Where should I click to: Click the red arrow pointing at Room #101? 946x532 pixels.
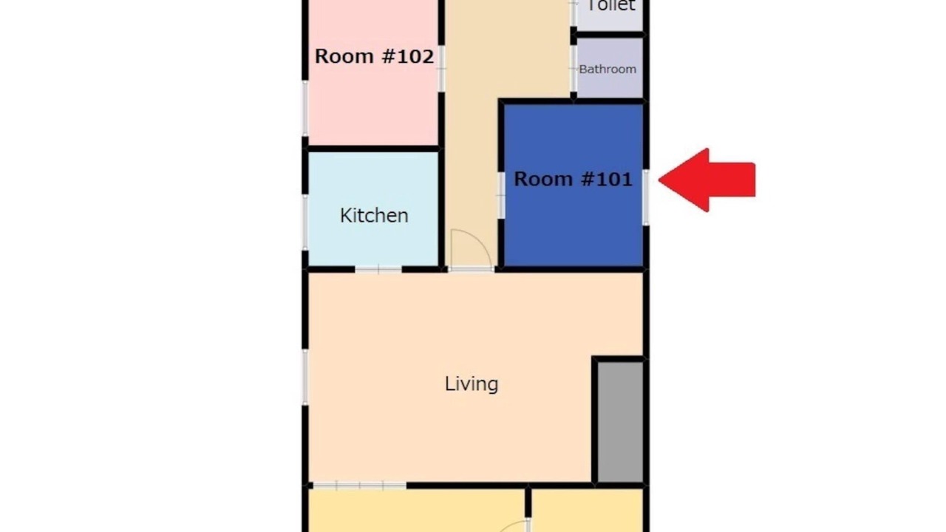pyautogui.click(x=707, y=180)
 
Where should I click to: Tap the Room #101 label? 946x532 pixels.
pyautogui.click(x=573, y=179)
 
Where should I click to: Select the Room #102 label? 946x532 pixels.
pyautogui.click(x=374, y=56)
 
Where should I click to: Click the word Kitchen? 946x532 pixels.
pyautogui.click(x=374, y=216)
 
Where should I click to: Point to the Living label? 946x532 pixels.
pyautogui.click(x=472, y=383)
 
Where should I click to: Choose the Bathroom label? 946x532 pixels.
pyautogui.click(x=608, y=69)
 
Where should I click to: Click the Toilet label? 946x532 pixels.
pyautogui.click(x=610, y=5)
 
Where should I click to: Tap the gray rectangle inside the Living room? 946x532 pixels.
pyautogui.click(x=620, y=421)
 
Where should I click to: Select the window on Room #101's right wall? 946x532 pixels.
pyautogui.click(x=646, y=197)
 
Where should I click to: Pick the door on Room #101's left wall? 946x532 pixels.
pyautogui.click(x=501, y=195)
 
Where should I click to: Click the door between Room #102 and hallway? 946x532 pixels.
pyautogui.click(x=441, y=69)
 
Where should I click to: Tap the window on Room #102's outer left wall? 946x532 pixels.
pyautogui.click(x=305, y=108)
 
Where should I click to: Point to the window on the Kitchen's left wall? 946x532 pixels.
pyautogui.click(x=305, y=222)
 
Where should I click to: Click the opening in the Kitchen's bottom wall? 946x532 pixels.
pyautogui.click(x=378, y=270)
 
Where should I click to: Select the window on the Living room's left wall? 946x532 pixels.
pyautogui.click(x=305, y=377)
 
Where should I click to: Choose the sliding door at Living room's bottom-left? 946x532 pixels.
pyautogui.click(x=359, y=485)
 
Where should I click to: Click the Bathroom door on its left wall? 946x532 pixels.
pyautogui.click(x=574, y=69)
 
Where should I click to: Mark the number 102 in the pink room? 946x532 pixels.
pyautogui.click(x=415, y=56)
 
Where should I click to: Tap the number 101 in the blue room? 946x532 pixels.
pyautogui.click(x=613, y=179)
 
